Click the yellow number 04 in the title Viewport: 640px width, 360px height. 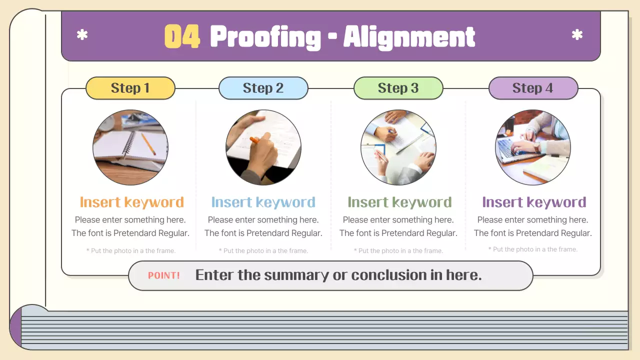[x=182, y=36]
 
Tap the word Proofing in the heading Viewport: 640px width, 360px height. [x=265, y=37]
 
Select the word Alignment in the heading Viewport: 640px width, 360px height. [x=409, y=37]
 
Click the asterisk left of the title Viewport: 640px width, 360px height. [x=82, y=35]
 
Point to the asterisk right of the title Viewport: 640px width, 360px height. [x=577, y=35]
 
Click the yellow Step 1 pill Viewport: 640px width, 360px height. [x=130, y=88]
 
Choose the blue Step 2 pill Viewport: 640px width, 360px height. [x=263, y=88]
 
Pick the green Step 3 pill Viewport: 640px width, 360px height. [x=398, y=88]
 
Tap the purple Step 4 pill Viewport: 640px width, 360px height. [x=533, y=88]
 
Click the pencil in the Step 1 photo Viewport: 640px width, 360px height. [x=148, y=144]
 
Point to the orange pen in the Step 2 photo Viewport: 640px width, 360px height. [x=254, y=140]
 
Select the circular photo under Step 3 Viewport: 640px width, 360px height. [x=398, y=147]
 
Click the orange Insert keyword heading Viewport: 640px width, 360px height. [x=131, y=202]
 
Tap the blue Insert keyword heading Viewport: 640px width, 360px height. [x=263, y=202]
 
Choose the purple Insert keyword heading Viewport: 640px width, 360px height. [x=534, y=202]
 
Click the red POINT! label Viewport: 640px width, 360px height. [x=163, y=275]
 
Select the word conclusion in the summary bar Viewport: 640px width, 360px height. [x=389, y=275]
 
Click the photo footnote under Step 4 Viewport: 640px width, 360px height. [x=533, y=249]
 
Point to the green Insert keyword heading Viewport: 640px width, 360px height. [x=399, y=202]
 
